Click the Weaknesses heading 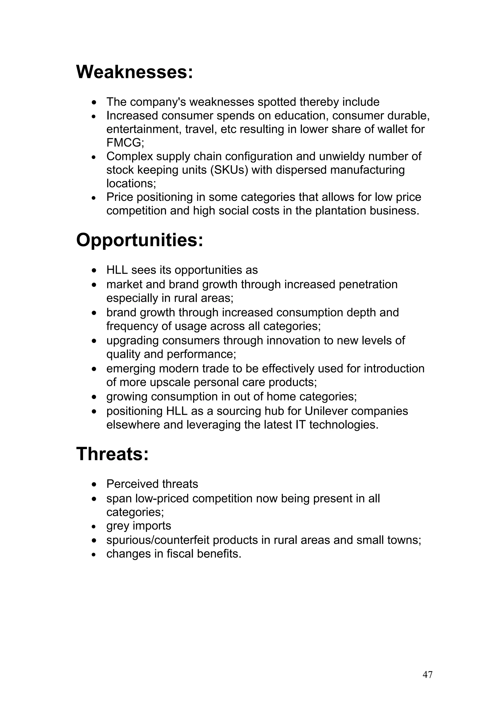(x=135, y=72)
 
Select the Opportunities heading (x=139, y=240)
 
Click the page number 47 (x=427, y=674)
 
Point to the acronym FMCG (x=125, y=143)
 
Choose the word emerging (x=131, y=369)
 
